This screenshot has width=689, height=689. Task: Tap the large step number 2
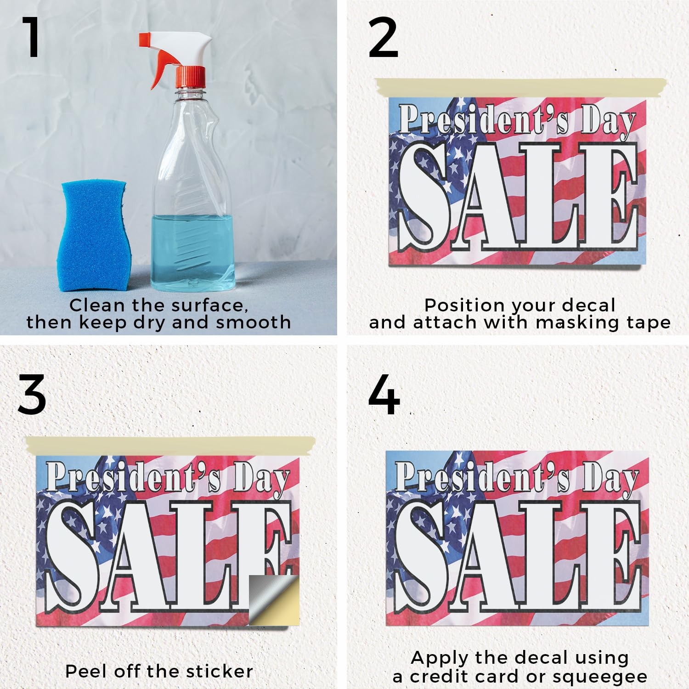point(383,38)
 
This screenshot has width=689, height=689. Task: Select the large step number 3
point(32,395)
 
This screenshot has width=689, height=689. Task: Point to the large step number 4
point(384,395)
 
